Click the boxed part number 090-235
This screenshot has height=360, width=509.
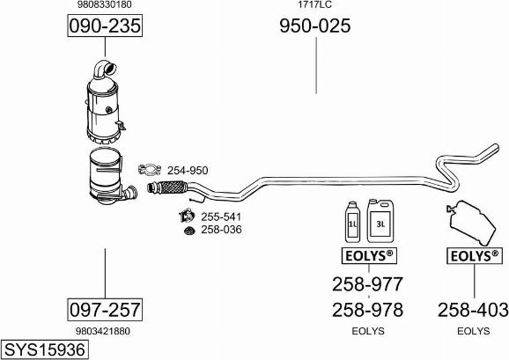click(x=105, y=26)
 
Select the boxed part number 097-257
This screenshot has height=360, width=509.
click(x=105, y=310)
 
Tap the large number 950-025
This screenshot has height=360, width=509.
click(x=315, y=26)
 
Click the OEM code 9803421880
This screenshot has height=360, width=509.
click(x=103, y=331)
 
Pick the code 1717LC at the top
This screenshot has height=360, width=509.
click(x=315, y=4)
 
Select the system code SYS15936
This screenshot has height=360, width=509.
click(x=45, y=350)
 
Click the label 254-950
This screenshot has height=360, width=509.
click(x=188, y=170)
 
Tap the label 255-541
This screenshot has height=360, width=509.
click(x=221, y=217)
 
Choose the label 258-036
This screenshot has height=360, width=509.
click(x=221, y=230)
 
